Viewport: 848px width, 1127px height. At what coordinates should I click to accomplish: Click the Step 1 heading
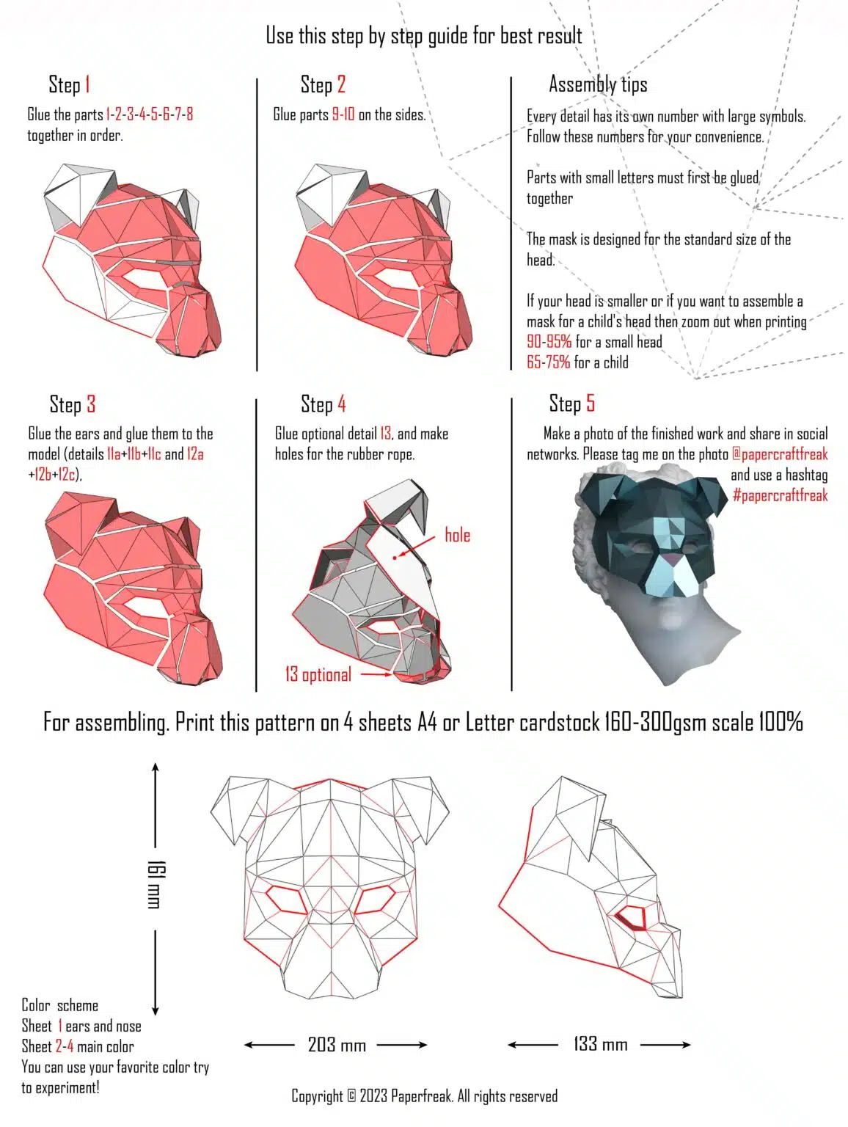coord(69,84)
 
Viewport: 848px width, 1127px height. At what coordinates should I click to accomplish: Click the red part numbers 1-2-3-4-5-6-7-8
coord(150,114)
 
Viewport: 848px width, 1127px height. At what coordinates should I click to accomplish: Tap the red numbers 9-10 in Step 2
coord(343,114)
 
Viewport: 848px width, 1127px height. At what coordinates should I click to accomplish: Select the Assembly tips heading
coord(598,84)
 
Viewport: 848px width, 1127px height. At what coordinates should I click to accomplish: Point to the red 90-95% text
coord(549,341)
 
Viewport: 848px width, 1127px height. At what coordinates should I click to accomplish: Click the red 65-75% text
coord(548,362)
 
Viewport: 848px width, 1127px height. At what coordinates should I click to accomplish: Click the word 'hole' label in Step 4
coord(457,535)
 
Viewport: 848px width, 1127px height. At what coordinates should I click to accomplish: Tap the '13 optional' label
coord(318,674)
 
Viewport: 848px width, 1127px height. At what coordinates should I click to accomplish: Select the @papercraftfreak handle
coord(780,453)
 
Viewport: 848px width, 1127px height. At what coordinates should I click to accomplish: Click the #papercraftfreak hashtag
coord(780,495)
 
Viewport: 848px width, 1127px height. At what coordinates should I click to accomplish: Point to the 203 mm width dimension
coord(337,1044)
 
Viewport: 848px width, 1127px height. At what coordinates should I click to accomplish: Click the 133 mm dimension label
coord(600,1043)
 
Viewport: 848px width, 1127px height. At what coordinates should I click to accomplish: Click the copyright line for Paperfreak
coord(424,1096)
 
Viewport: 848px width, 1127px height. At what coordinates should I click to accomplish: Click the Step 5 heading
coord(571,404)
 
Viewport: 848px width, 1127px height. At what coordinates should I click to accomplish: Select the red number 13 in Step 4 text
coord(385,434)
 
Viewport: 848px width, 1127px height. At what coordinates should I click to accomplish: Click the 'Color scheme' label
coord(59,1005)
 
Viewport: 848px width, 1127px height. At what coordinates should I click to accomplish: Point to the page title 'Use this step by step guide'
coord(423,35)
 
